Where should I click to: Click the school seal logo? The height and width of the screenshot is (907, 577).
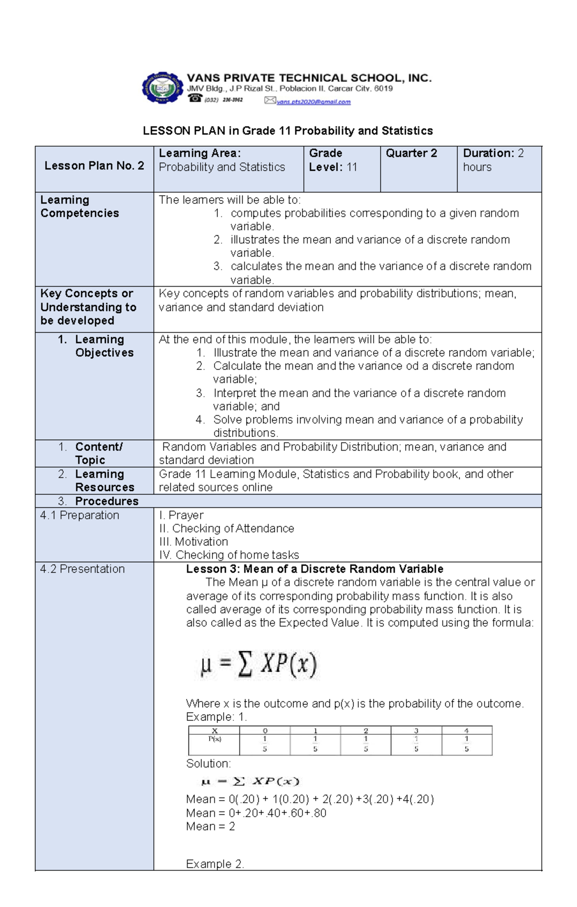pyautogui.click(x=163, y=88)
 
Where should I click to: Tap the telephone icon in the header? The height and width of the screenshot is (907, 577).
pyautogui.click(x=195, y=98)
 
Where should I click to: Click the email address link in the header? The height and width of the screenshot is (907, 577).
pyautogui.click(x=314, y=102)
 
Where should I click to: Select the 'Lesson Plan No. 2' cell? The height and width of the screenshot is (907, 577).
pyautogui.click(x=94, y=166)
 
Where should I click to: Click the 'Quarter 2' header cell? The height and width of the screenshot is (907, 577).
pyautogui.click(x=411, y=153)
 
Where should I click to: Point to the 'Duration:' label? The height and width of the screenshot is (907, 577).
pyautogui.click(x=488, y=153)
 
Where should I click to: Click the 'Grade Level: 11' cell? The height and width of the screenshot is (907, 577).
pyautogui.click(x=333, y=160)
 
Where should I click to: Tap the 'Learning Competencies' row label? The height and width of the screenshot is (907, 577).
pyautogui.click(x=79, y=206)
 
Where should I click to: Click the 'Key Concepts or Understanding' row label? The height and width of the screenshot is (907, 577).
pyautogui.click(x=88, y=307)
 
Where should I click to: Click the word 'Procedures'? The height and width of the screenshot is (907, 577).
pyautogui.click(x=106, y=501)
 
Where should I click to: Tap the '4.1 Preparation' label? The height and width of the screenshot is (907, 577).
pyautogui.click(x=80, y=515)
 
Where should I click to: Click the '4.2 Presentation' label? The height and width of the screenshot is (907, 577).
pyautogui.click(x=82, y=569)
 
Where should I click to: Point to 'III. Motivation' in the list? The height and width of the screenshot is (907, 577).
pyautogui.click(x=193, y=542)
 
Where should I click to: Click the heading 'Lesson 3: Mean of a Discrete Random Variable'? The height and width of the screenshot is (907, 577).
pyautogui.click(x=314, y=569)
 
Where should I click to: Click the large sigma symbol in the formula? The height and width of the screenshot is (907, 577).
pyautogui.click(x=245, y=665)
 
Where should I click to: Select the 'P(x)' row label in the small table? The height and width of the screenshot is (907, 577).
pyautogui.click(x=214, y=739)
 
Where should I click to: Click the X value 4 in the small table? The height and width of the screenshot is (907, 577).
pyautogui.click(x=466, y=731)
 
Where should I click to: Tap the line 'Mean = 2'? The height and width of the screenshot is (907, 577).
pyautogui.click(x=210, y=826)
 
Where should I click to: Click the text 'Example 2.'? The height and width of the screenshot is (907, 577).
pyautogui.click(x=215, y=864)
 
